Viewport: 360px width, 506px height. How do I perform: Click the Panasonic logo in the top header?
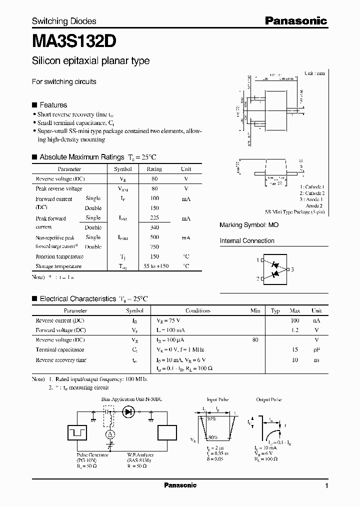point(295,20)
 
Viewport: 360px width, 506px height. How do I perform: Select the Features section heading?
point(53,105)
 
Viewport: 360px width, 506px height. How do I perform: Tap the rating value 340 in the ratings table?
point(154,227)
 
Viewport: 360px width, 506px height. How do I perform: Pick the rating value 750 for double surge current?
point(154,247)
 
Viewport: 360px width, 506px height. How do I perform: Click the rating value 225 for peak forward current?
point(154,218)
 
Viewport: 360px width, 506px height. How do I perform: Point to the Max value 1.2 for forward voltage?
point(294,330)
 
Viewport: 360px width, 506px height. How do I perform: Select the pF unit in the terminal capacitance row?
point(316,350)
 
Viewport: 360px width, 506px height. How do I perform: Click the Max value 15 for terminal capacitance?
point(295,350)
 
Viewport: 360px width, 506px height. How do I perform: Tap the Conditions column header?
point(197,310)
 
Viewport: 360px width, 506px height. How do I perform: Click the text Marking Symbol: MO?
point(249,225)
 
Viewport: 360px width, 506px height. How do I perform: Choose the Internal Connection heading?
point(247,241)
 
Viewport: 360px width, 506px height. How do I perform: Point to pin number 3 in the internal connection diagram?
point(292,270)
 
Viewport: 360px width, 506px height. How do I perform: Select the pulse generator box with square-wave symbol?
point(78,433)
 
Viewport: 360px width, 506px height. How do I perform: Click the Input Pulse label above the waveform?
point(217,400)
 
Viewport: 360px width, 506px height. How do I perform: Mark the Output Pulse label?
point(269,400)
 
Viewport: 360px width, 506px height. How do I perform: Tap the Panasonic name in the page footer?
point(180,485)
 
